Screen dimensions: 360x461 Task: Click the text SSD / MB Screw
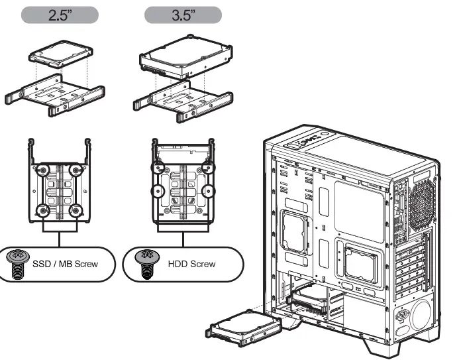click(x=65, y=264)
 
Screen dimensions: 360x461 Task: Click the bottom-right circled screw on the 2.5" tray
click(x=75, y=211)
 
